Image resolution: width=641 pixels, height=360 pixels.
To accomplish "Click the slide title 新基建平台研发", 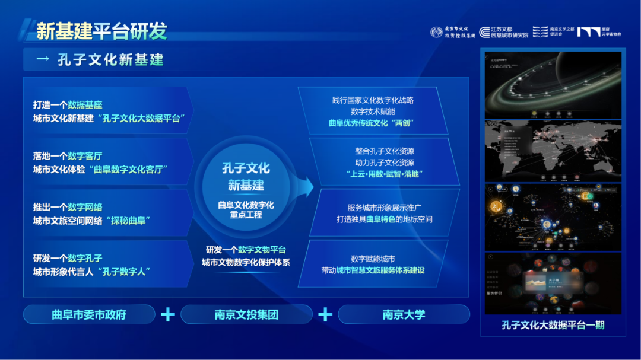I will pyautogui.click(x=101, y=31).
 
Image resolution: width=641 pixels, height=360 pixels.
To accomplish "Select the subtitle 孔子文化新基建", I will pyautogui.click(x=110, y=60).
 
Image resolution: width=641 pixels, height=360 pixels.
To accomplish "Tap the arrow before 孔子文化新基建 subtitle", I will pyautogui.click(x=43, y=60).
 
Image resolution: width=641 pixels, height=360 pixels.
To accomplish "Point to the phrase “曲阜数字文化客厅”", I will pyautogui.click(x=128, y=170).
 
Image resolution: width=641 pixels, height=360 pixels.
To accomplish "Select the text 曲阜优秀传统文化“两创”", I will pyautogui.click(x=371, y=123).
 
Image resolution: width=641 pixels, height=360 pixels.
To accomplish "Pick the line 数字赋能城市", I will pyautogui.click(x=373, y=259).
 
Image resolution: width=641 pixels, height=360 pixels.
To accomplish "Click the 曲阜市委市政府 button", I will pyautogui.click(x=89, y=314).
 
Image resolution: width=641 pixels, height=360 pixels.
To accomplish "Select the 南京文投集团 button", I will pyautogui.click(x=246, y=314).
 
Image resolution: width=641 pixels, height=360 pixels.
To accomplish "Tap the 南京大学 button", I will pyautogui.click(x=404, y=314).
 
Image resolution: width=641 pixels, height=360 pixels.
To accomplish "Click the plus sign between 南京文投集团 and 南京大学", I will pyautogui.click(x=325, y=314).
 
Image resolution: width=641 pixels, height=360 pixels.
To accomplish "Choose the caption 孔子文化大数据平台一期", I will pyautogui.click(x=553, y=326).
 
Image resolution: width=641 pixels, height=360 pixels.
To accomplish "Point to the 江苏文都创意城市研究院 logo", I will pyautogui.click(x=504, y=32).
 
